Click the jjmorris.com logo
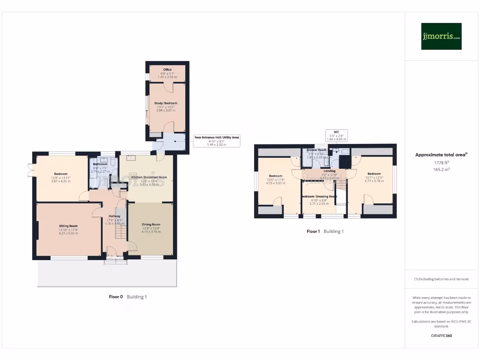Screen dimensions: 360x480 point(441,37)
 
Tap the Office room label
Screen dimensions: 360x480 point(167,70)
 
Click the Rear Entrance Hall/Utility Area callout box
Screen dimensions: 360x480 point(217,141)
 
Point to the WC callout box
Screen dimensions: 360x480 point(337,135)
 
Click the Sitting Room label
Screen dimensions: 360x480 point(68,226)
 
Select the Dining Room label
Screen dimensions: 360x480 point(151,225)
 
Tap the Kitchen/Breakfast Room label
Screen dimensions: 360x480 point(150,178)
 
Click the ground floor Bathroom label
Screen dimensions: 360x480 point(100,165)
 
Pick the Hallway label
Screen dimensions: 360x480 point(115,217)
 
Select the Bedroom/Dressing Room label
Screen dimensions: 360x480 point(319,196)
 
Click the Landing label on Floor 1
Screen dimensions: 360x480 point(329,171)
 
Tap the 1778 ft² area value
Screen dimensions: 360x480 point(441,163)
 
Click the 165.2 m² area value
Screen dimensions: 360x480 point(441,170)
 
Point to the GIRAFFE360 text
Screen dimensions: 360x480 point(441,336)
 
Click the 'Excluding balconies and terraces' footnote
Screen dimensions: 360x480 point(441,279)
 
